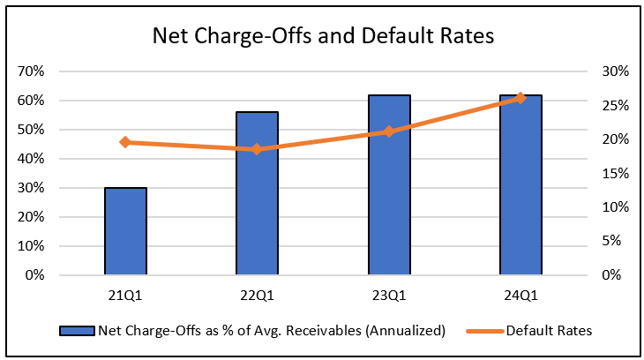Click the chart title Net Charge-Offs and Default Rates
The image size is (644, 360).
click(x=322, y=36)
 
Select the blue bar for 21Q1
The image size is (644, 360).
click(x=125, y=231)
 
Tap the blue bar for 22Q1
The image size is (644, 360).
click(x=257, y=193)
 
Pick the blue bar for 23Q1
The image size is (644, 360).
click(x=389, y=184)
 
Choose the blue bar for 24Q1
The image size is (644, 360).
click(x=520, y=184)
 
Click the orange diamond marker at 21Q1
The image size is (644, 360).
click(x=125, y=142)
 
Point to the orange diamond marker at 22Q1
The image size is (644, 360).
click(x=257, y=149)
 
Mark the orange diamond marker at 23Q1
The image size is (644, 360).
click(x=389, y=131)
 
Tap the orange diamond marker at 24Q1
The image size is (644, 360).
click(x=520, y=98)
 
